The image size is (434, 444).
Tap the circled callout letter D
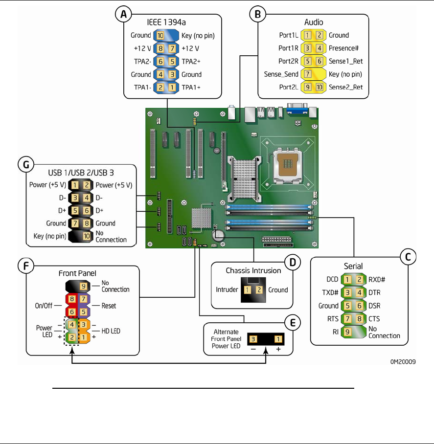tap(292, 263)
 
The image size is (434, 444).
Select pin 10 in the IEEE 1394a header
tap(160, 35)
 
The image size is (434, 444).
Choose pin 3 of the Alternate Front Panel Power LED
tap(253, 339)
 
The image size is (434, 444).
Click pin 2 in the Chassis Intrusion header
tap(259, 289)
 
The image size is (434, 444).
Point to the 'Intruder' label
tap(227, 289)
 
